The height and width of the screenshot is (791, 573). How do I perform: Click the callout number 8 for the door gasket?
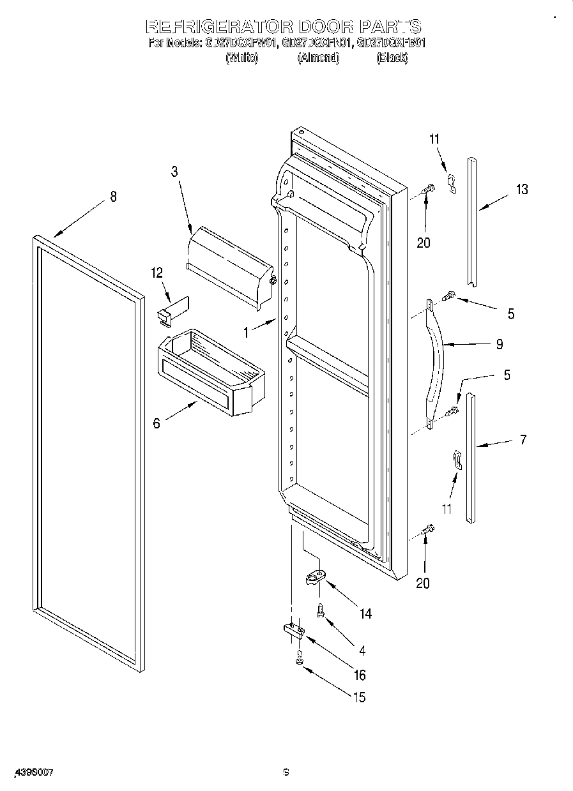point(113,197)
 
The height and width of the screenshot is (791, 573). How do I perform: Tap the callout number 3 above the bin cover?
point(174,171)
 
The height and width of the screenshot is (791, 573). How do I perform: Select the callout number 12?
point(157,273)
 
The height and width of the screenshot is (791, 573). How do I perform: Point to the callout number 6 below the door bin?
point(157,423)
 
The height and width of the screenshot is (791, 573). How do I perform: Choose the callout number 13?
point(522,189)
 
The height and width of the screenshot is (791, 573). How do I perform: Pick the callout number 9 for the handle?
point(499,344)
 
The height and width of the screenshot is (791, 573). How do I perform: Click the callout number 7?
point(523,439)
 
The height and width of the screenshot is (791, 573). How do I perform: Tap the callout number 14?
point(365,614)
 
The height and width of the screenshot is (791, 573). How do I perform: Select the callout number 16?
point(360,675)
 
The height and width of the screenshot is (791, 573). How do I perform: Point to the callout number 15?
point(360,697)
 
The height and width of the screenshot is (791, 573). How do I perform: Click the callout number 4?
point(362,651)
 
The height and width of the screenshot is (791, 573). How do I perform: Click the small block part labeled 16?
point(293,631)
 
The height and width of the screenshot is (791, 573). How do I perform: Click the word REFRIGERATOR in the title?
point(219,26)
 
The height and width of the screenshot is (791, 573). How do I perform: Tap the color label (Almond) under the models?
point(317,58)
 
